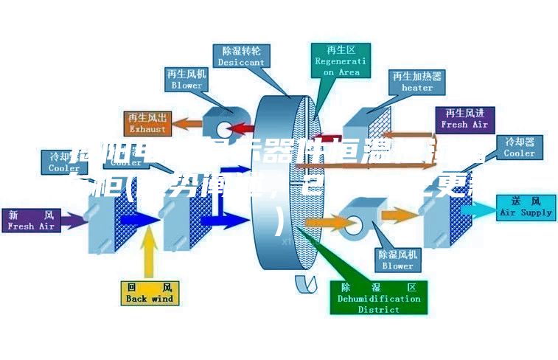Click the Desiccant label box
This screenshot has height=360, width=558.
pyautogui.click(x=240, y=56)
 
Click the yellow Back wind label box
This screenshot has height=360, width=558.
pyautogui.click(x=150, y=293)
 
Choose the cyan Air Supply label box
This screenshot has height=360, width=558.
pyautogui.click(x=526, y=207)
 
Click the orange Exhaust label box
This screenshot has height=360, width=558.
pyautogui.click(x=148, y=122)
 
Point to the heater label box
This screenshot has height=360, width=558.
pyautogui.click(x=416, y=81)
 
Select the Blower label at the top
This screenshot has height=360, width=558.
pyautogui.click(x=186, y=79)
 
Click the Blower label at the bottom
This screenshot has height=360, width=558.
pyautogui.click(x=397, y=260)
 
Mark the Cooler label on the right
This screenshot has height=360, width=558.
pyautogui.click(x=519, y=148)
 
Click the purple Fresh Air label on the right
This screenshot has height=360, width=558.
pyautogui.click(x=464, y=119)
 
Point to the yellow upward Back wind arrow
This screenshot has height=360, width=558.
pyautogui.click(x=150, y=252)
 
